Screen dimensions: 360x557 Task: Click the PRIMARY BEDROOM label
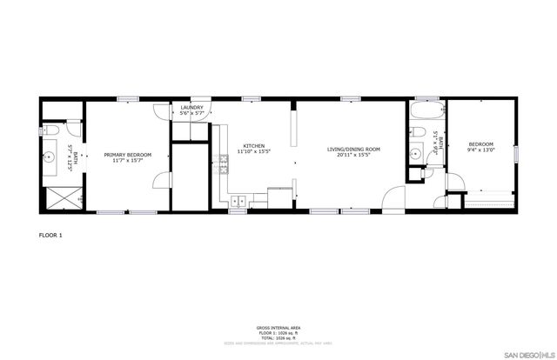pyautogui.click(x=128, y=155)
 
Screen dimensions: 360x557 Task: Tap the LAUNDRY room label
pyautogui.click(x=191, y=108)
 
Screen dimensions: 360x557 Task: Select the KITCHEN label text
pyautogui.click(x=254, y=145)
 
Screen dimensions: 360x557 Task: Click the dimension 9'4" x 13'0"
pyautogui.click(x=481, y=150)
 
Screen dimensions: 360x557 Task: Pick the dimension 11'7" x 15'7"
pyautogui.click(x=128, y=161)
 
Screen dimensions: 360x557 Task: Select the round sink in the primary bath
pyautogui.click(x=50, y=159)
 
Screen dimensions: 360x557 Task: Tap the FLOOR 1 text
pyautogui.click(x=51, y=235)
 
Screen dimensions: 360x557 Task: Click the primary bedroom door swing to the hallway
pyautogui.click(x=162, y=181)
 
